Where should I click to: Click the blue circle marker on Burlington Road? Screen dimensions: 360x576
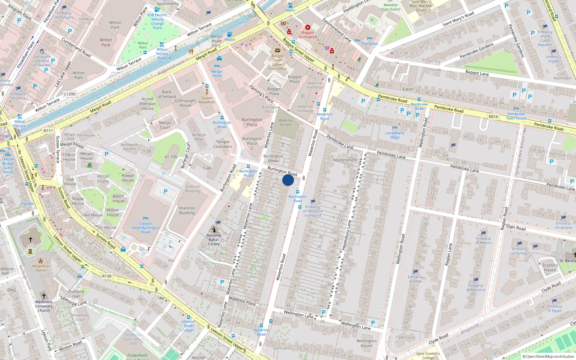(288, 180)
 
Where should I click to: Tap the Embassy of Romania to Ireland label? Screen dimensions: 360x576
(313, 211)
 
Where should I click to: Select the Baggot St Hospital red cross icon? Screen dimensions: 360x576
(307, 27)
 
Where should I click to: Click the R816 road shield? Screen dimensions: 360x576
(493, 117)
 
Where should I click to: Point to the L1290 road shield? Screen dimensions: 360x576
(70, 94)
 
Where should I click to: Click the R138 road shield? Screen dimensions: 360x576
(107, 276)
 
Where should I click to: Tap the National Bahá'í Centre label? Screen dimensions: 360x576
(214, 240)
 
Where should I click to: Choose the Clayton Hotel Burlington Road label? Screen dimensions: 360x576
(146, 228)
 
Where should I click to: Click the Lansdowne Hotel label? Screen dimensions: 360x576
(395, 135)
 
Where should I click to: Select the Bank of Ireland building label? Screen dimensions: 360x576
(167, 94)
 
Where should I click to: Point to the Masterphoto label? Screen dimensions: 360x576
(345, 160)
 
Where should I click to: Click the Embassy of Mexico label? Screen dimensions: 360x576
(483, 240)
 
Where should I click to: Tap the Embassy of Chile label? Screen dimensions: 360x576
(415, 279)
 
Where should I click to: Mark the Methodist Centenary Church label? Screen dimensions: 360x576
(44, 306)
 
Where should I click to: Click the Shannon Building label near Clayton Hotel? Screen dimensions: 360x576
(187, 210)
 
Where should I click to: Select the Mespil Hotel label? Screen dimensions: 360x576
(217, 73)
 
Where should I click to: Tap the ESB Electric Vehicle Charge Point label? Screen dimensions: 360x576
(157, 21)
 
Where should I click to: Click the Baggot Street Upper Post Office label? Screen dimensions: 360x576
(277, 62)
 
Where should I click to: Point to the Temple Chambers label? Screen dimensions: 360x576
(223, 144)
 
